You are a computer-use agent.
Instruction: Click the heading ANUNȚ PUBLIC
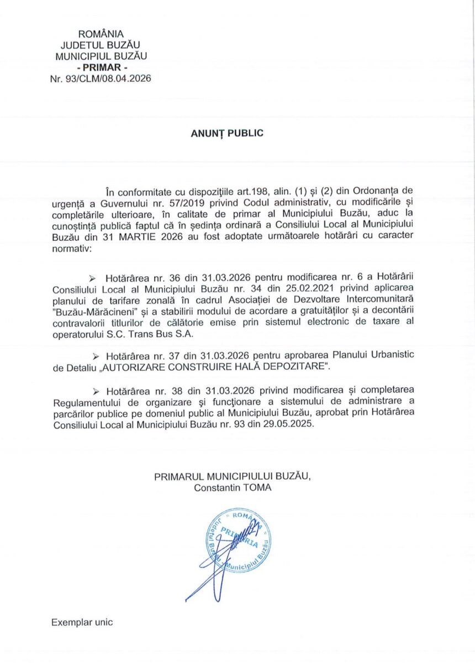(x=227, y=133)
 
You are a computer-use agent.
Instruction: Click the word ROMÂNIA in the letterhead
(x=101, y=34)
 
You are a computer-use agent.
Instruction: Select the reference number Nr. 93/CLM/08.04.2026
(x=101, y=78)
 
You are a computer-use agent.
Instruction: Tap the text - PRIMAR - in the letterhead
(x=101, y=67)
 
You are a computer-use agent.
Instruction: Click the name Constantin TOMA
(x=233, y=487)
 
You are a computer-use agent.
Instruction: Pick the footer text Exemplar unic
(x=82, y=622)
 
